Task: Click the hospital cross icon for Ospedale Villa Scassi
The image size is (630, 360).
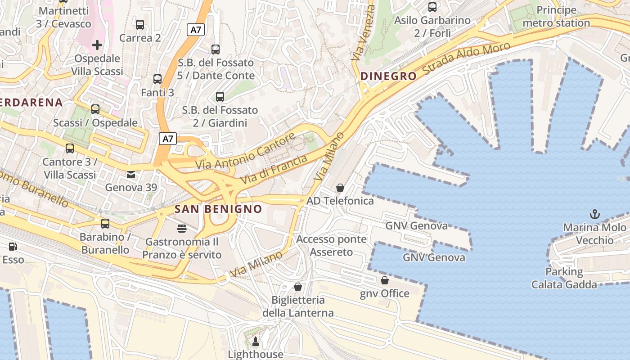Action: (x=97, y=45)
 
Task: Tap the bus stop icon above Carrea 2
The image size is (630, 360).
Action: (x=140, y=25)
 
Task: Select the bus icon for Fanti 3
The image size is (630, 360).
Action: (x=157, y=79)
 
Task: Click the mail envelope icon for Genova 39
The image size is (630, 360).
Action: (x=130, y=174)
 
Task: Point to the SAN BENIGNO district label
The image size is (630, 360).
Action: (x=218, y=209)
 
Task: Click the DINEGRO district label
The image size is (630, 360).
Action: (x=388, y=76)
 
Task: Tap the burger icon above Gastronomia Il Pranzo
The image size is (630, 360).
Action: (x=182, y=229)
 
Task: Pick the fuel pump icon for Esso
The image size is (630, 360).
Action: (x=13, y=247)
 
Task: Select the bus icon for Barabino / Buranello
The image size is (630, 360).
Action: (x=105, y=223)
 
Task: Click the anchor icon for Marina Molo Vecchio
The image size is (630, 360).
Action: (x=595, y=214)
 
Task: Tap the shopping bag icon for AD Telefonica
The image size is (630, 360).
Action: (x=340, y=188)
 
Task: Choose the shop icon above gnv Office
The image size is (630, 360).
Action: (x=385, y=280)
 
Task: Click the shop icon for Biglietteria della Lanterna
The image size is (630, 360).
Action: (x=297, y=287)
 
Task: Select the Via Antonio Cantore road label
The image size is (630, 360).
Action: (x=246, y=151)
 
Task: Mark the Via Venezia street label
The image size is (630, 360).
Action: (x=363, y=33)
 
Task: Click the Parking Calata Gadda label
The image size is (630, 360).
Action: (x=564, y=278)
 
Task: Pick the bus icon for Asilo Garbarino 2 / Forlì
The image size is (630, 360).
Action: (x=432, y=7)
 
